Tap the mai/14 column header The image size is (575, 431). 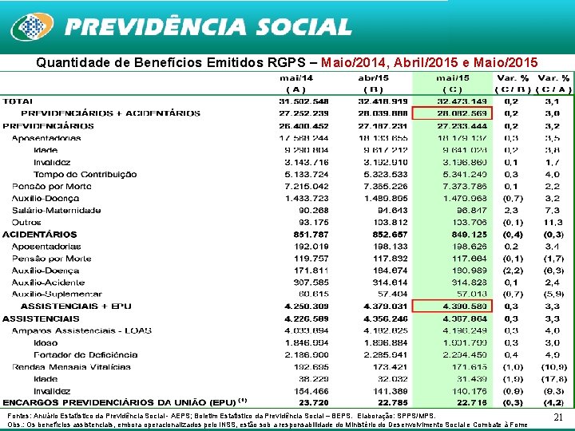point(295,78)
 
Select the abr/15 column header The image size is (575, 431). point(374,78)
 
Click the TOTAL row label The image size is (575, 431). point(18,101)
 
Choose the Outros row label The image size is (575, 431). point(27,223)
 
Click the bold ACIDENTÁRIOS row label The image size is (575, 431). point(40,235)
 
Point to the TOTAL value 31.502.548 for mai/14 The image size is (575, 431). point(303,101)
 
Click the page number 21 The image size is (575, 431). point(559,417)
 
